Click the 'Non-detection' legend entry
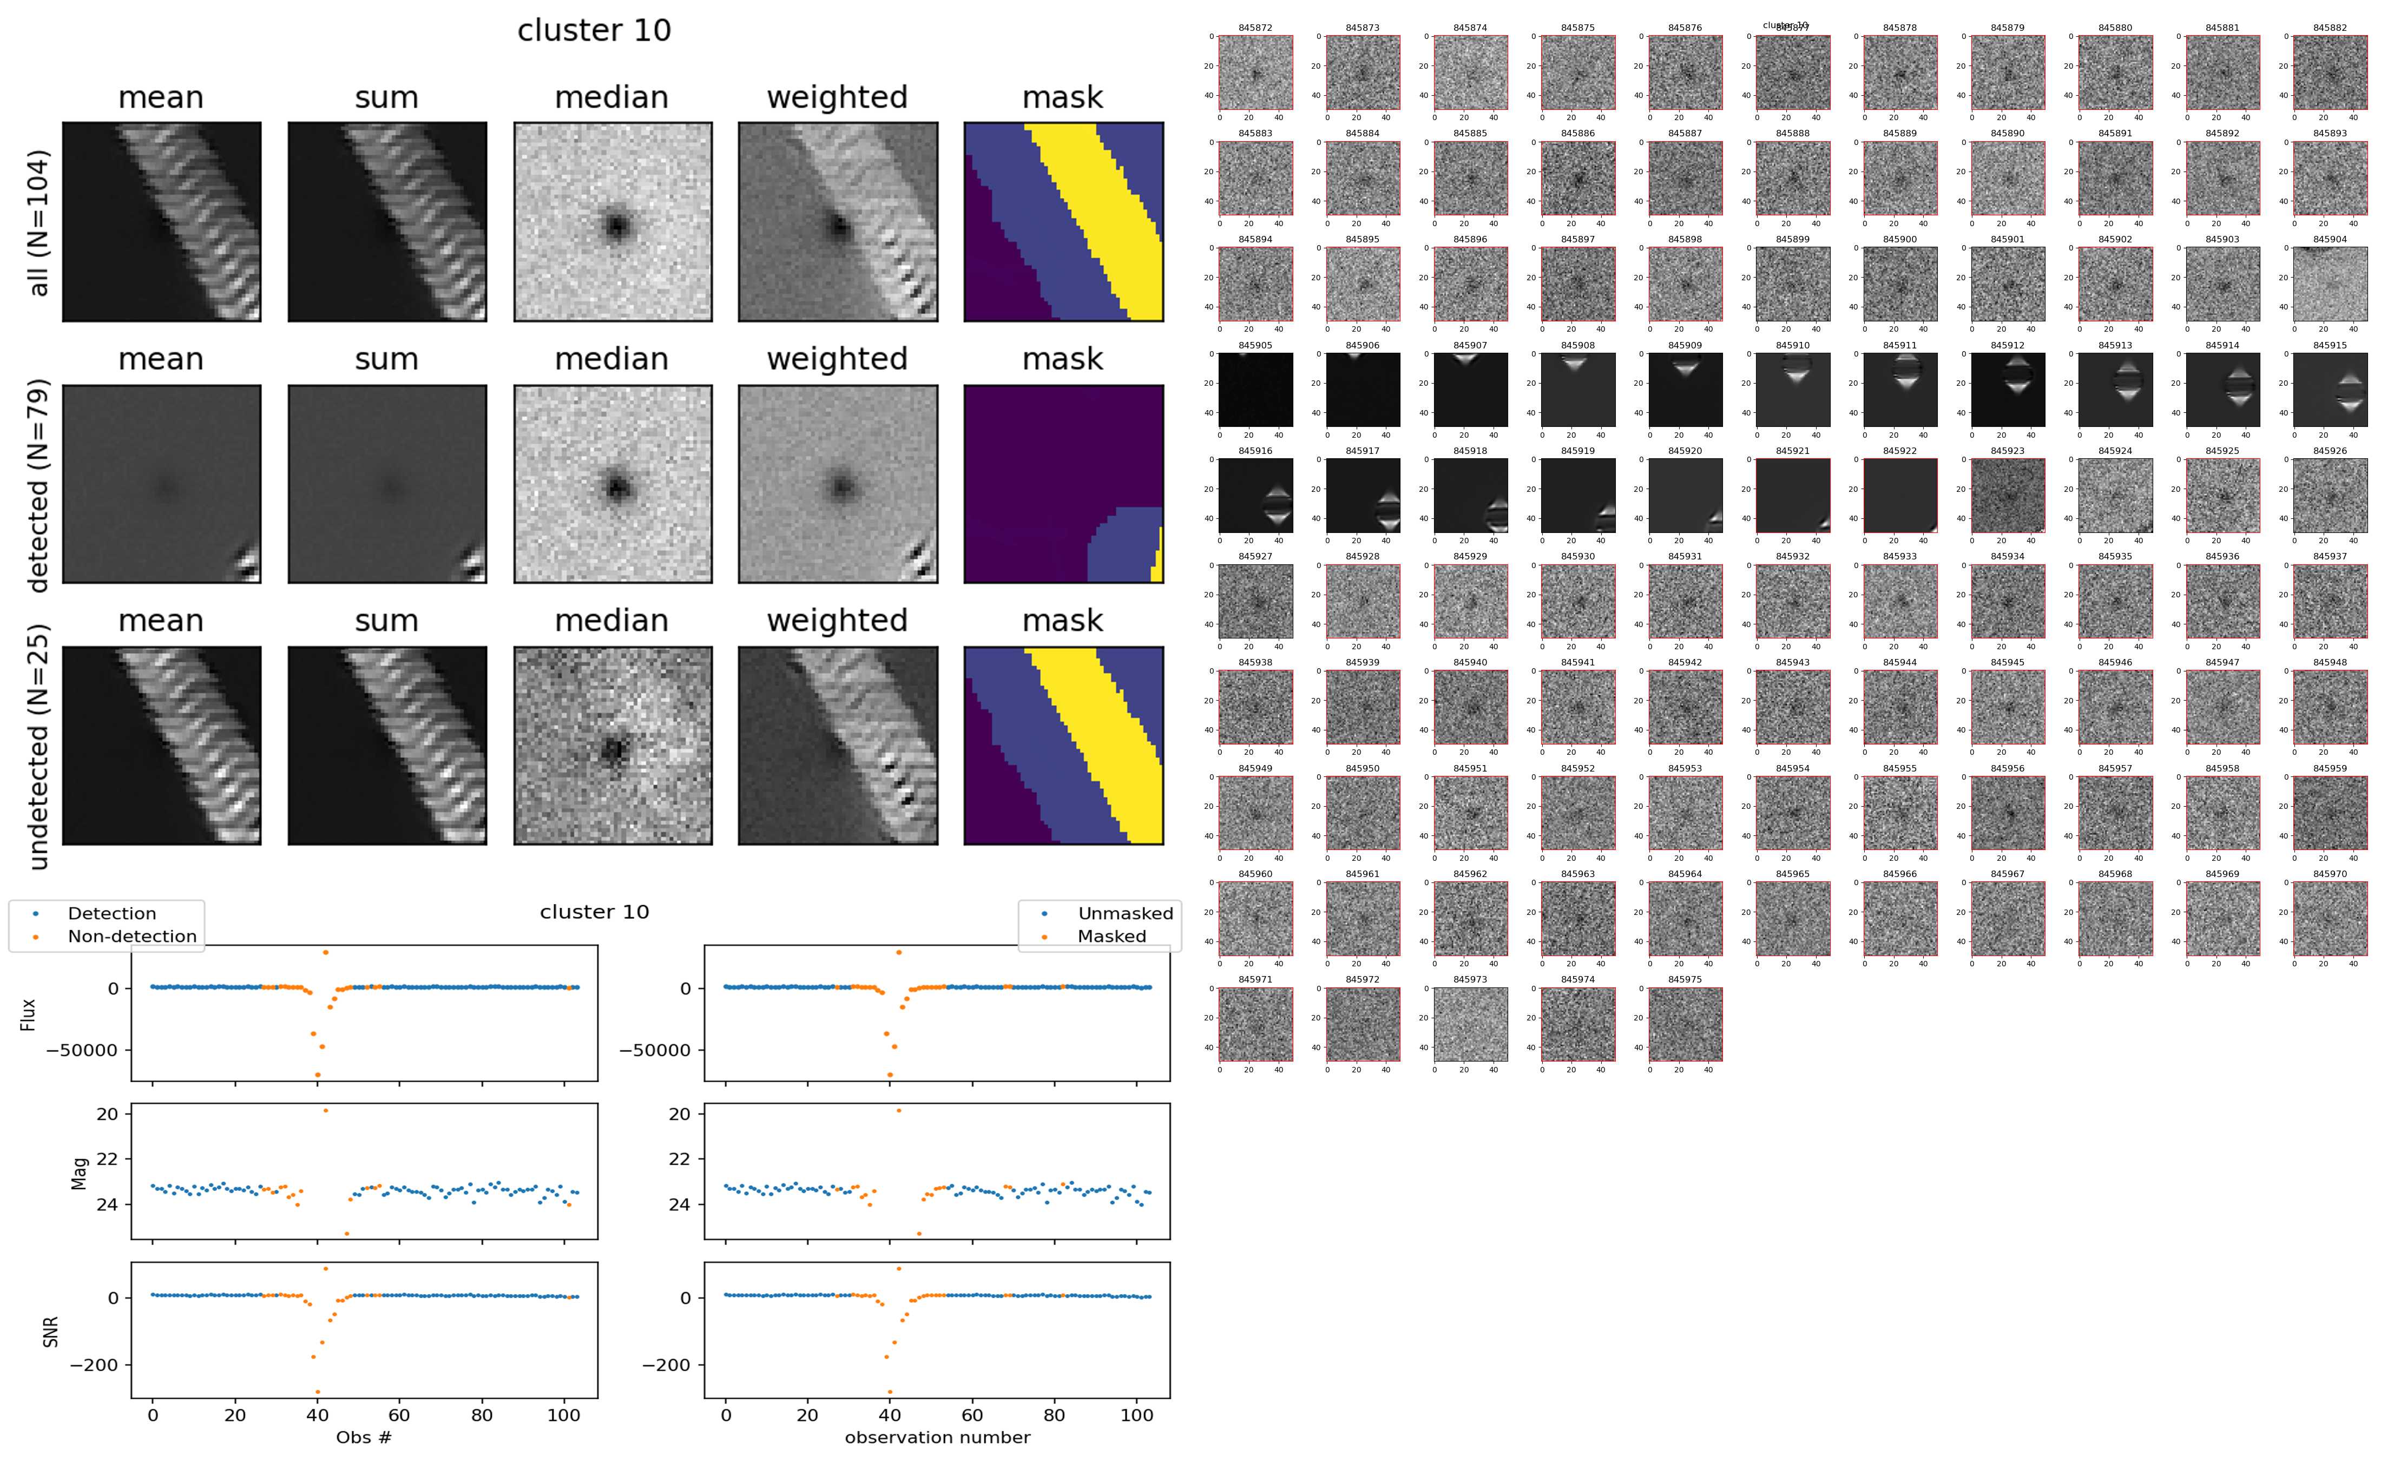tap(131, 935)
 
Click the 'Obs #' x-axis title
tap(364, 1437)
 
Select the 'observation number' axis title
tap(937, 1437)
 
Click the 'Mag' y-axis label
tap(80, 1172)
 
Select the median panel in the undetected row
tap(613, 746)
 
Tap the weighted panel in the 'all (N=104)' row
tap(837, 222)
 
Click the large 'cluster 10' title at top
tap(594, 30)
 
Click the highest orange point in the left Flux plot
tap(325, 952)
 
